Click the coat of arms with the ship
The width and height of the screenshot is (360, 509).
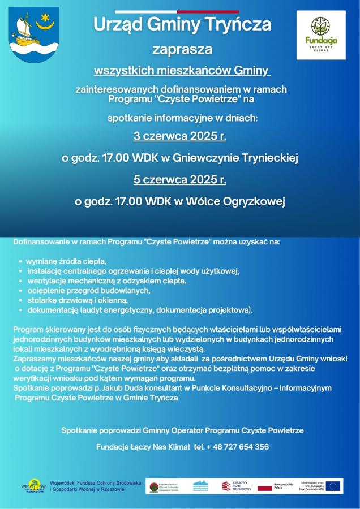34,34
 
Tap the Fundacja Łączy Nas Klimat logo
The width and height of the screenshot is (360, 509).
320,34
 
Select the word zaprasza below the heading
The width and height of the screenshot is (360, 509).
182,49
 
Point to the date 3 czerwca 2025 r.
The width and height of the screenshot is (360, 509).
180,136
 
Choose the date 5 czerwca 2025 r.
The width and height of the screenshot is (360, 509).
180,180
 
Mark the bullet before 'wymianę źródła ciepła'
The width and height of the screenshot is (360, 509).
21,262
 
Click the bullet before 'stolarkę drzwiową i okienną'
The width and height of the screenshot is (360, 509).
21,300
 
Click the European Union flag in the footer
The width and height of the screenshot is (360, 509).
333,486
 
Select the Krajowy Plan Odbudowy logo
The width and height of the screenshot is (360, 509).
234,486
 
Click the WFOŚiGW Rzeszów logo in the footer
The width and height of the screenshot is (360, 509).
35,486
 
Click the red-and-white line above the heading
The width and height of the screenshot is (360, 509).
177,11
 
